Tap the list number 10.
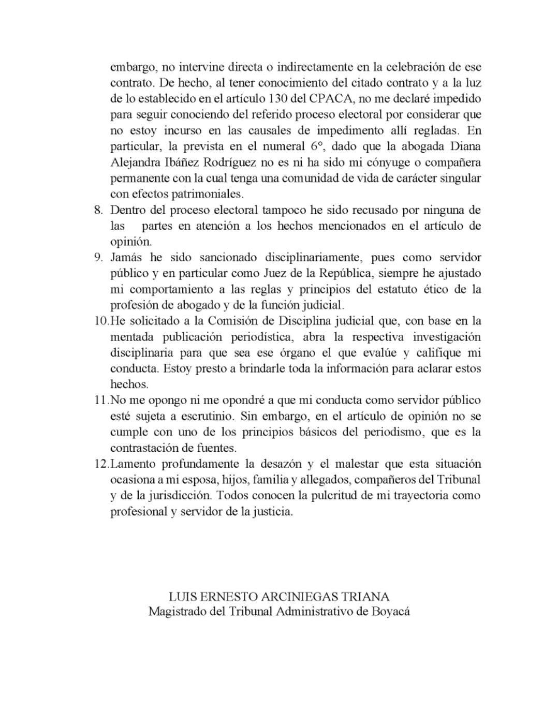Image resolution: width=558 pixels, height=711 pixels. pos(101,321)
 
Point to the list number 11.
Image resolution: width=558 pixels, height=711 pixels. pos(101,401)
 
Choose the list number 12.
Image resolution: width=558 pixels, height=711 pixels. pos(101,464)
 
